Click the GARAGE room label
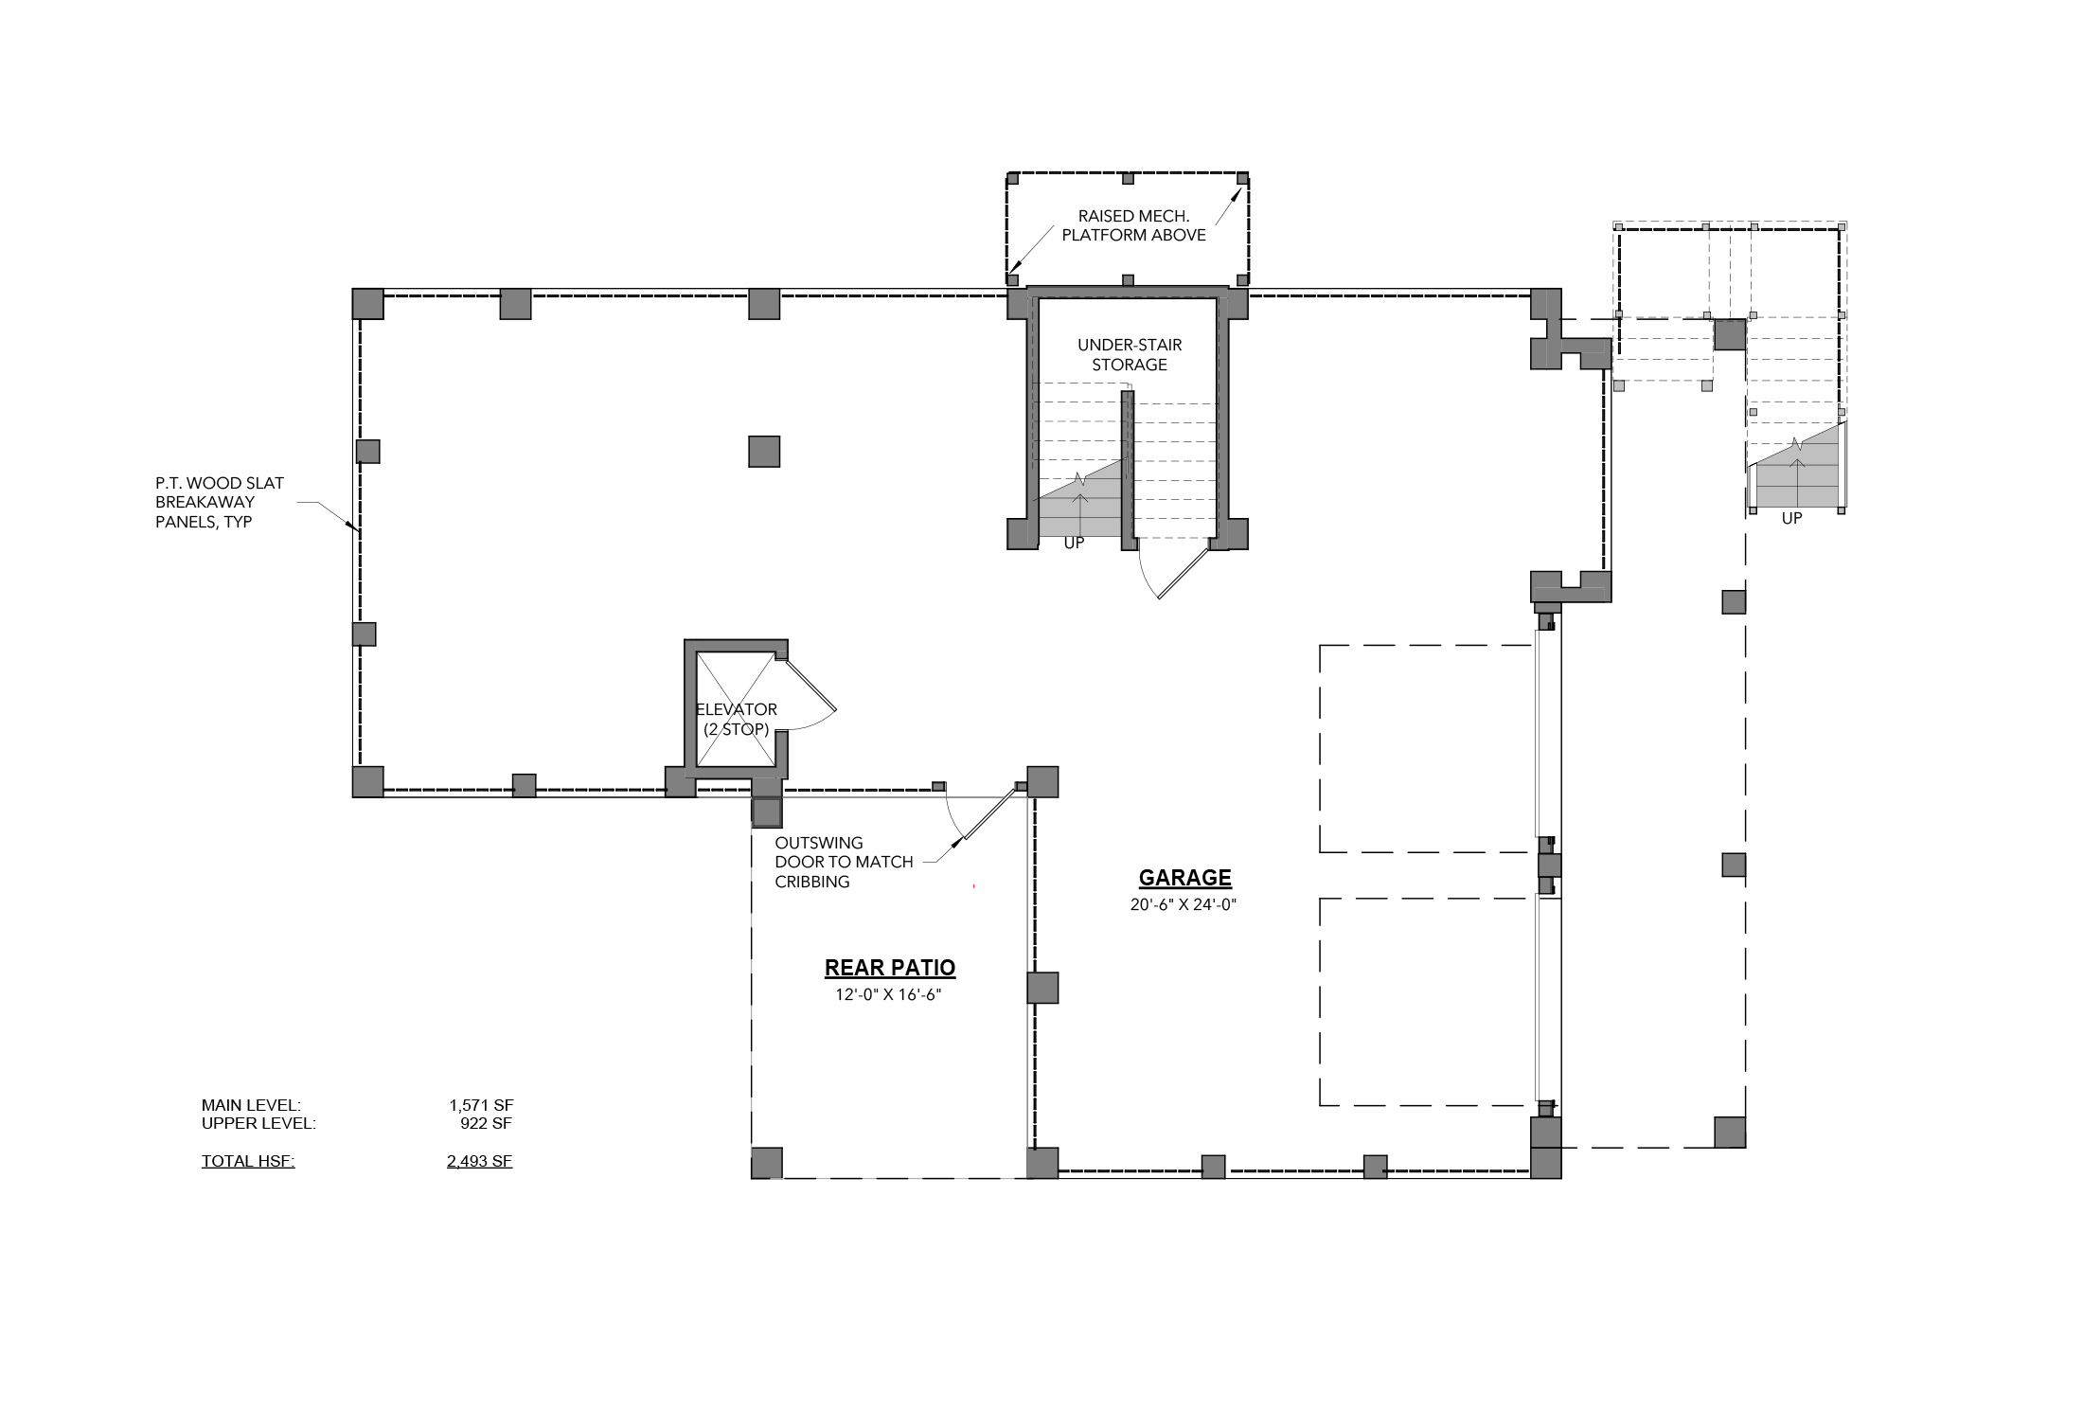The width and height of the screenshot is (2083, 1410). point(1184,878)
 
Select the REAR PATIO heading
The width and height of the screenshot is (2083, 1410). point(890,968)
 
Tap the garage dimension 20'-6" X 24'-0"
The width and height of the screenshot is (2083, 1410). point(1184,904)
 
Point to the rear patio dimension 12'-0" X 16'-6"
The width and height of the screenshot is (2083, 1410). point(888,995)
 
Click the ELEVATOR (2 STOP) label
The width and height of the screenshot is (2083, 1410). point(737,720)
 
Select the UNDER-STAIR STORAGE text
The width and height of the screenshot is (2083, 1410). point(1130,355)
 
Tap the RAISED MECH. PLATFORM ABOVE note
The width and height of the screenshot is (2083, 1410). point(1133,225)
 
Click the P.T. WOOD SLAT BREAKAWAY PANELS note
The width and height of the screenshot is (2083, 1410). point(220,502)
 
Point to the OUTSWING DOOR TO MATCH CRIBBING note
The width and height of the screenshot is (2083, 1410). point(844,862)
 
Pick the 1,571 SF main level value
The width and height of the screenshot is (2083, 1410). point(481,1105)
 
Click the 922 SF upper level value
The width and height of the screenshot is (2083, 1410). point(486,1124)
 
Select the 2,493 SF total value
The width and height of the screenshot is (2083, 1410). point(480,1161)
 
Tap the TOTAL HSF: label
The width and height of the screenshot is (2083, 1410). point(248,1161)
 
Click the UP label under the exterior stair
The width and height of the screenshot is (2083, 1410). point(1791,519)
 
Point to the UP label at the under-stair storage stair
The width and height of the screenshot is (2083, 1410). point(1074,544)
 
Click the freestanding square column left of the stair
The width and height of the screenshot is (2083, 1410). point(764,452)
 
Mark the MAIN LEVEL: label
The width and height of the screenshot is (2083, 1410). point(251,1105)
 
